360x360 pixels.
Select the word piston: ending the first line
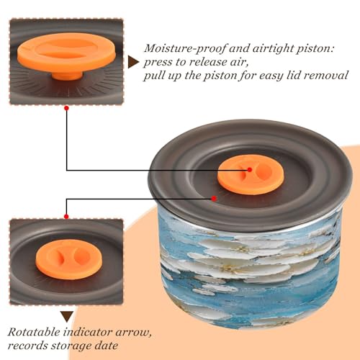315,49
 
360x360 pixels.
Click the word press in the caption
158,63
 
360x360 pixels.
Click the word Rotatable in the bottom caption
34,333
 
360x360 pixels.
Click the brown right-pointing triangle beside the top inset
133,62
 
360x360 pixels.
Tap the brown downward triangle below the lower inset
67,317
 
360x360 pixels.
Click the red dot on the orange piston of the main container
250,170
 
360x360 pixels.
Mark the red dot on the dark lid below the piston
214,199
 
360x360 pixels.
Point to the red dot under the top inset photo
67,108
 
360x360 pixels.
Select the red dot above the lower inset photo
66,217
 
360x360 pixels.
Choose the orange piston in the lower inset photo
69,259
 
